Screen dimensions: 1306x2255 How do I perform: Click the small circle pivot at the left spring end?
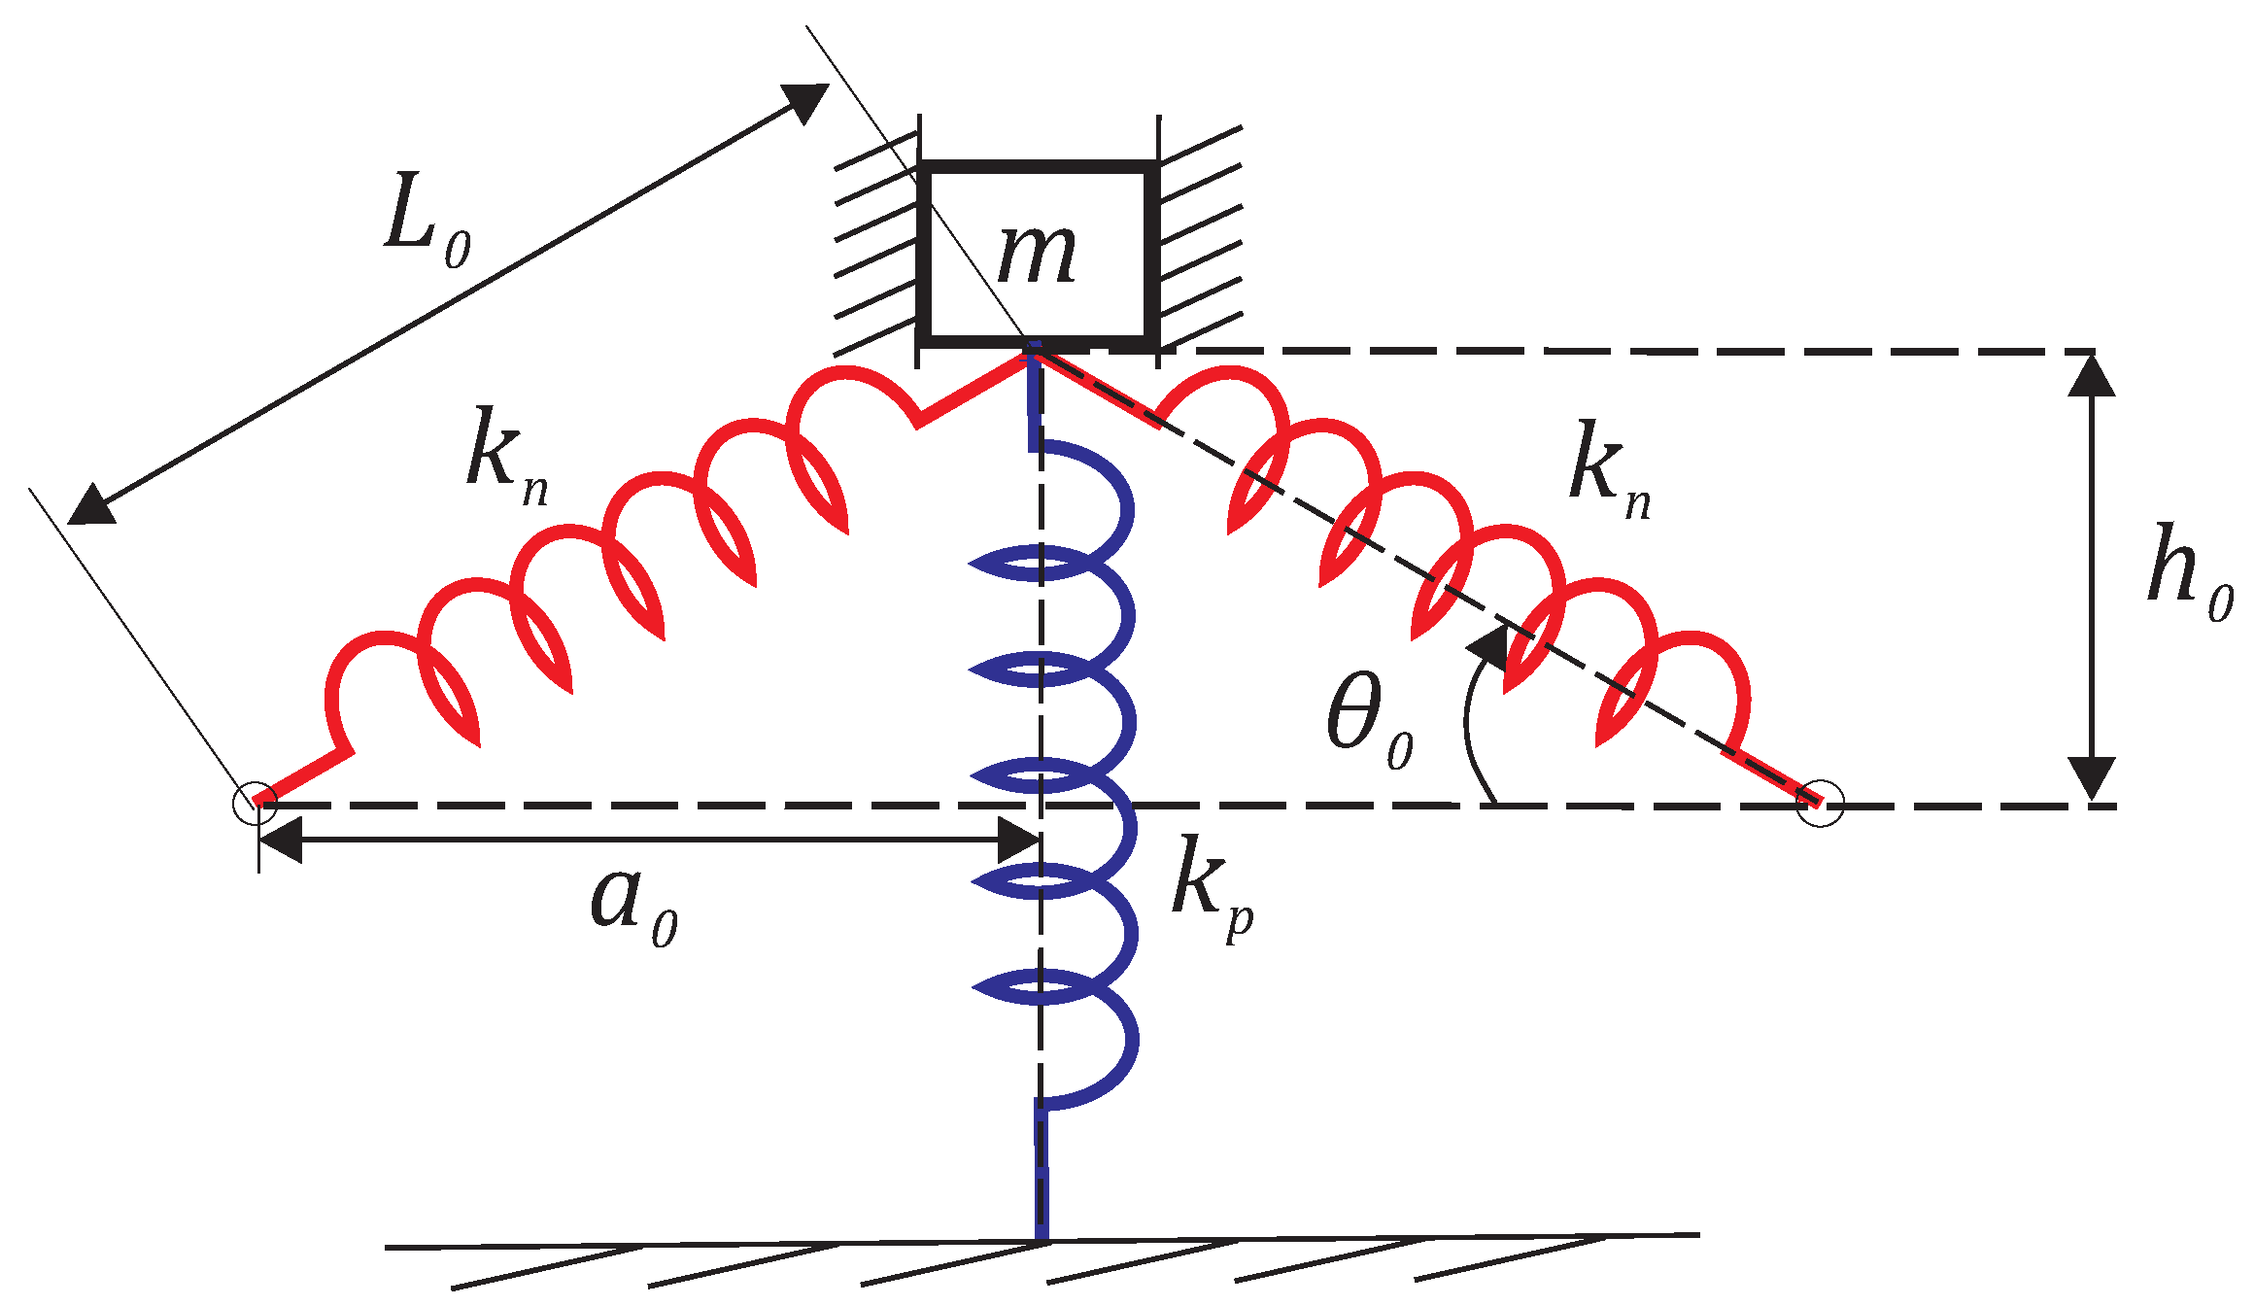pos(256,804)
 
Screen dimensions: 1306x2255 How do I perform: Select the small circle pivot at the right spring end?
pos(1819,804)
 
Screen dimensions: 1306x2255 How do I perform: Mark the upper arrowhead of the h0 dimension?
pos(2092,374)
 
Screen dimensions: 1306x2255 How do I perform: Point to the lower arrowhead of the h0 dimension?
pos(2092,779)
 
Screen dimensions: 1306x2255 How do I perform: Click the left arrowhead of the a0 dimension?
pos(280,840)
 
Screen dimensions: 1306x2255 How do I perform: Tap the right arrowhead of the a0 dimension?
pos(1020,840)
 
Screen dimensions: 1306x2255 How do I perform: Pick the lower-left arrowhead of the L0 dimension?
pos(90,506)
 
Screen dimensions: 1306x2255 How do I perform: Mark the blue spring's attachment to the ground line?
pos(1042,1238)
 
